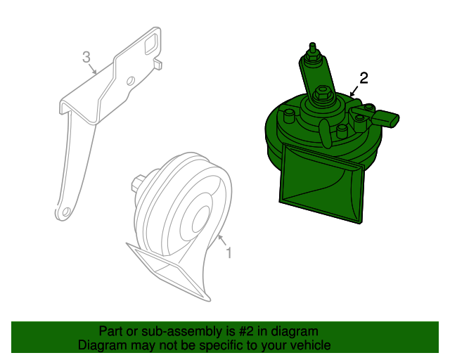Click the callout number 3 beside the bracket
(x=86, y=57)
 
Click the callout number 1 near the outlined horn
(x=229, y=253)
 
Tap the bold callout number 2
(x=364, y=78)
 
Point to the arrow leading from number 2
(x=354, y=91)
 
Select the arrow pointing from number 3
(x=92, y=69)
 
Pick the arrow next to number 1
(x=222, y=240)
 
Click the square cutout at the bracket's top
(x=151, y=44)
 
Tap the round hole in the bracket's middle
(x=130, y=81)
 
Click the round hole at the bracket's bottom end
(x=66, y=212)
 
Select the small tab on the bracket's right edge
(x=157, y=64)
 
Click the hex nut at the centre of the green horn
(x=321, y=94)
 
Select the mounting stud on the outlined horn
(x=138, y=183)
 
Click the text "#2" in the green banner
(x=246, y=332)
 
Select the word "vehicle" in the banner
(x=313, y=345)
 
